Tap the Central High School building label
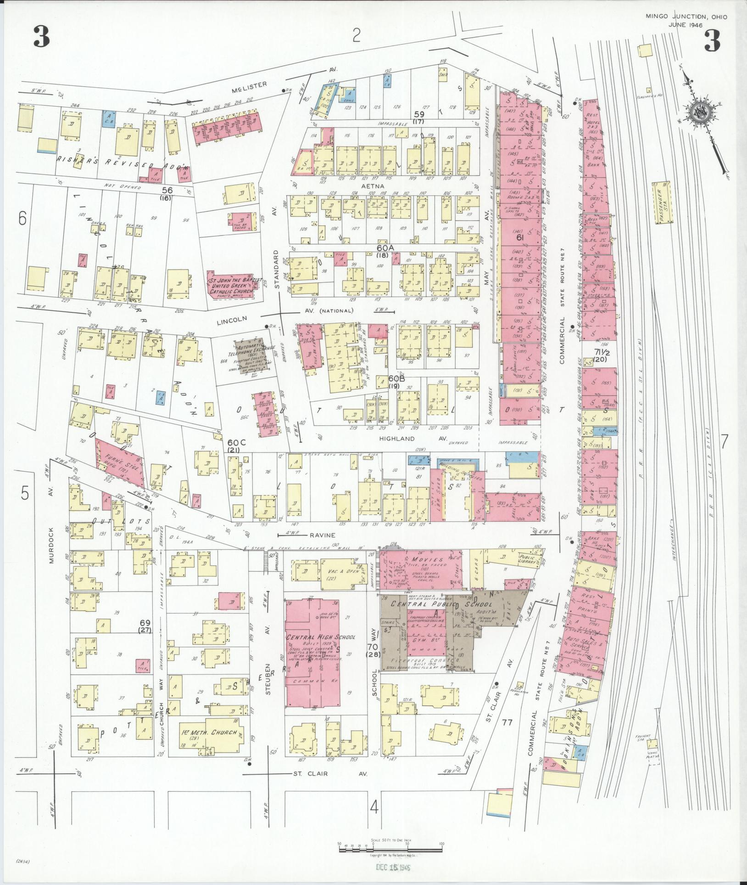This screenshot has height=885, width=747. pos(314,637)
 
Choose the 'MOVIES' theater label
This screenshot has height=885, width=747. pos(415,560)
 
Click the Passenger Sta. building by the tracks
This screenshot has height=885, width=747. pos(663,203)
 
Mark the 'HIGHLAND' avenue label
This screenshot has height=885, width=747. pos(397,439)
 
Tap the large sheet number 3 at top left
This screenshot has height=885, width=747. pos(41,37)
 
